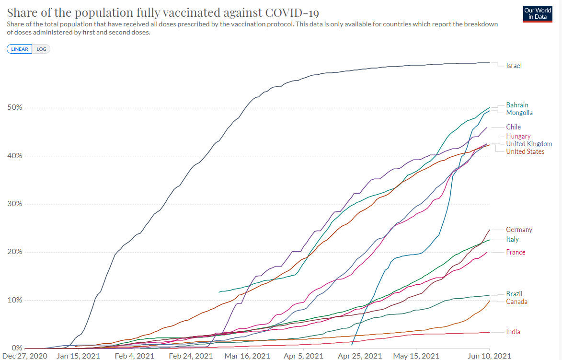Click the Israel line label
[514, 66]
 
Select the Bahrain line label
[517, 105]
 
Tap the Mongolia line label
[519, 113]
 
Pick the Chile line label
[513, 127]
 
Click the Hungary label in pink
[518, 136]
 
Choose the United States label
[525, 151]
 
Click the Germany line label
[519, 230]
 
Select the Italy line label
[512, 239]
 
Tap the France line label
[516, 252]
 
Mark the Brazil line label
[514, 294]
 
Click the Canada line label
[516, 302]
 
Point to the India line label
[513, 332]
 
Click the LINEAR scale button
[20, 49]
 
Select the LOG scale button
[41, 49]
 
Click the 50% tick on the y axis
[14, 107]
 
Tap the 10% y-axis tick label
[14, 300]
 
